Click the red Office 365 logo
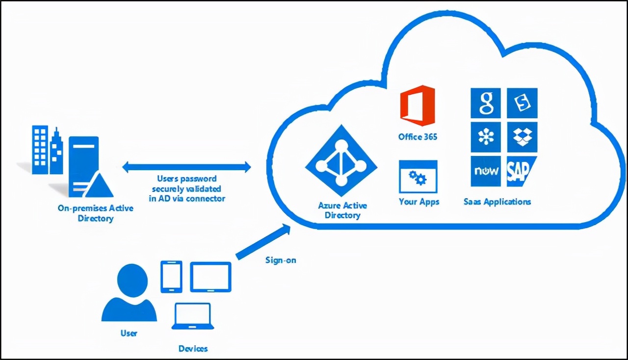(418, 105)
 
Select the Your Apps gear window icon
(418, 177)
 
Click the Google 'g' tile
(485, 103)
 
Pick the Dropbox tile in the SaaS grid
(522, 137)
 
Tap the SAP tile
(521, 171)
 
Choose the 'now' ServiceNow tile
(485, 171)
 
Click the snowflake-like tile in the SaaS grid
(485, 137)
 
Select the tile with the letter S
(522, 103)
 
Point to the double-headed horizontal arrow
(186, 167)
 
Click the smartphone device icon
(171, 277)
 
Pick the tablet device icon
(210, 277)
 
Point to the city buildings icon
(47, 150)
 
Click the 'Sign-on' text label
(281, 260)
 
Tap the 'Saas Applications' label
(497, 202)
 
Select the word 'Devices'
(193, 349)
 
